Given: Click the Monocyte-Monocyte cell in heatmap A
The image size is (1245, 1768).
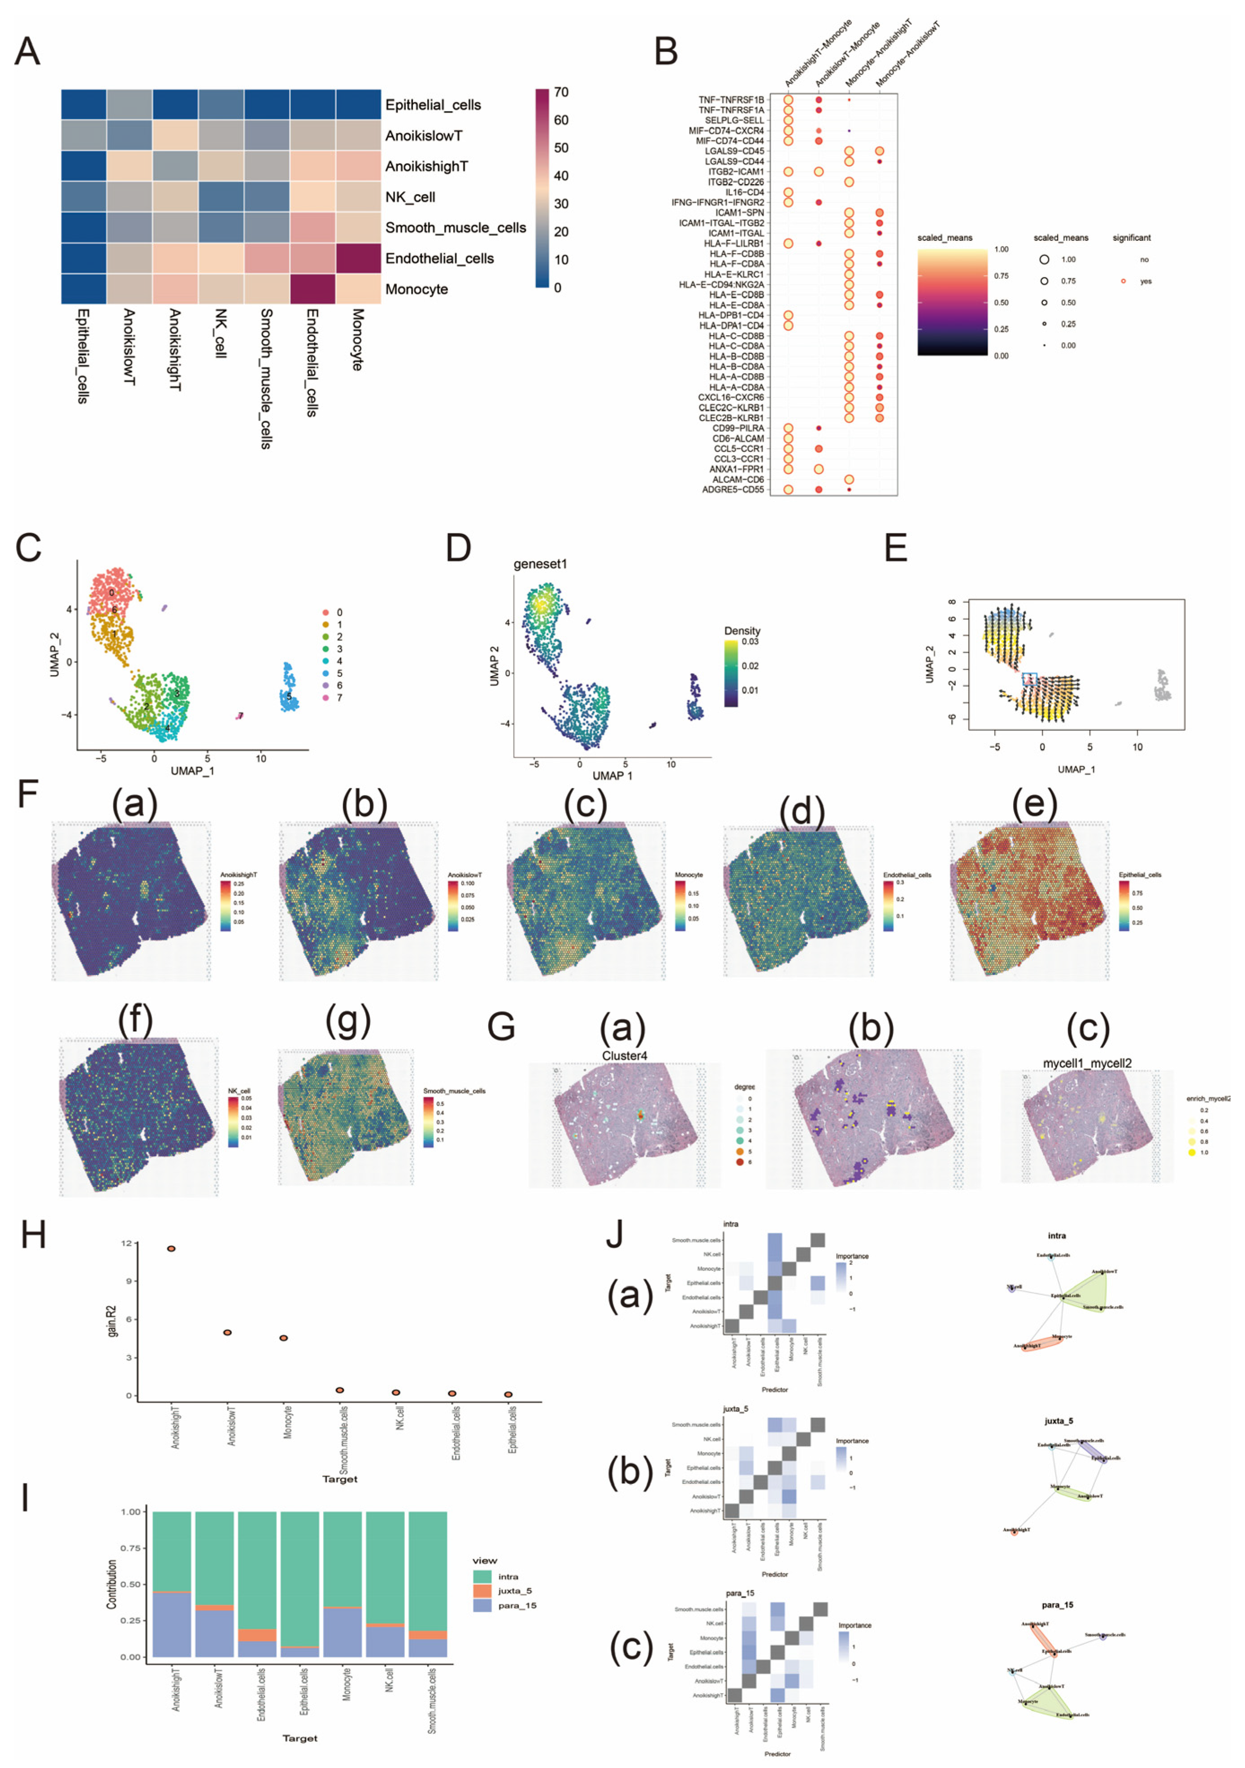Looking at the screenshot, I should click(x=358, y=289).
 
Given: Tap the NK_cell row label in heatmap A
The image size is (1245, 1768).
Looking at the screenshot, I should click(x=410, y=197).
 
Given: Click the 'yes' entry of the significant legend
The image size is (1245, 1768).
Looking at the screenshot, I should click(x=1145, y=281).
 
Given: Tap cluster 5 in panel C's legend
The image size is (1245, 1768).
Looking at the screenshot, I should click(x=339, y=673).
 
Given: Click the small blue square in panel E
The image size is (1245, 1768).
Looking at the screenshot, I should click(x=1029, y=678).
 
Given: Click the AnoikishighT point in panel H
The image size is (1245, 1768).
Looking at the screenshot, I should click(x=171, y=1248).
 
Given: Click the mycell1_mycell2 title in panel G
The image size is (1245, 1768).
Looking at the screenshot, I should click(x=1087, y=1063).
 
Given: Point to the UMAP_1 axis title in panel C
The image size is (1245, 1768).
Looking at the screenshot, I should click(x=192, y=771).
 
